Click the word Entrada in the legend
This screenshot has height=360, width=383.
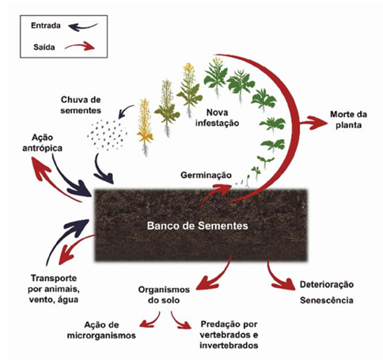tap(46, 25)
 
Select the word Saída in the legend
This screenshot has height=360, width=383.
tap(44, 47)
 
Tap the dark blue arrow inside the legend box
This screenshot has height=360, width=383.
tap(82, 27)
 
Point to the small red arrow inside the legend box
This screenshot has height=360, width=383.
tap(80, 46)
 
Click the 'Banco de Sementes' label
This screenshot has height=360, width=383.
tap(198, 225)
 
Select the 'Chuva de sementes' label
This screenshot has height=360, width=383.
tap(81, 105)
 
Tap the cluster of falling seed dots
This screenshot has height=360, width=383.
tap(108, 135)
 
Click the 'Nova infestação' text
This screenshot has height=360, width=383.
tap(217, 118)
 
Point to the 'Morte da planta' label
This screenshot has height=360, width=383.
tap(348, 119)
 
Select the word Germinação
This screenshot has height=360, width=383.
tap(206, 175)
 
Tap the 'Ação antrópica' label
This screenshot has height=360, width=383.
tap(42, 142)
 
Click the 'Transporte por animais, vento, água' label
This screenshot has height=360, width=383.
tap(54, 289)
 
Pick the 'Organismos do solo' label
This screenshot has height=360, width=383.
tap(164, 295)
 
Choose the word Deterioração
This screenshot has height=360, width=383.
tap(327, 285)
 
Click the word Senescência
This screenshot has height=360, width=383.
tap(327, 301)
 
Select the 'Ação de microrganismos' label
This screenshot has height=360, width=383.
tap(101, 330)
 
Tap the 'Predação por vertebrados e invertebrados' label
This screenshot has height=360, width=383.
tap(229, 335)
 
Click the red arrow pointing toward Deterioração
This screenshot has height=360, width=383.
tap(275, 279)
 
